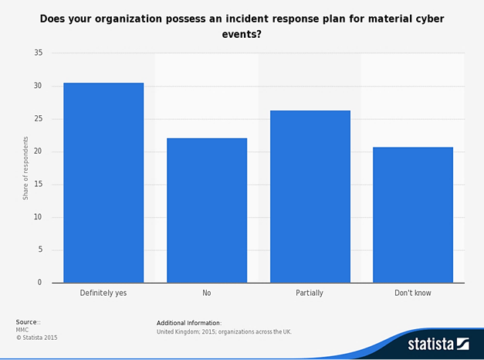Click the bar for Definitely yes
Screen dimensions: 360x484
point(103,182)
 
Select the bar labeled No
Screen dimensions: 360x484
point(206,210)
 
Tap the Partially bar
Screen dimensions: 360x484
point(310,196)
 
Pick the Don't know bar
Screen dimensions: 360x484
point(412,215)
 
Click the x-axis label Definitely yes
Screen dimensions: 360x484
point(103,294)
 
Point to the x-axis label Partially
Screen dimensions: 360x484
point(310,294)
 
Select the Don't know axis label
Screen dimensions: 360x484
point(412,294)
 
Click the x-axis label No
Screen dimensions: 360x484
point(206,294)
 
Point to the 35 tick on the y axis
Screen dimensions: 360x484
point(37,53)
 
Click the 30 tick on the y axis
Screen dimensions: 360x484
point(37,87)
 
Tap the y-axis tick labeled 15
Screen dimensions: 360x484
point(37,185)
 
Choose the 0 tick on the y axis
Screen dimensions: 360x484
point(39,283)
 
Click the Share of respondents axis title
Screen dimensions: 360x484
point(25,168)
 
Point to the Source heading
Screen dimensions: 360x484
point(29,322)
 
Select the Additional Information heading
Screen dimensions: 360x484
point(189,322)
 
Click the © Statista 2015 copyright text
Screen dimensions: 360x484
point(36,338)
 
